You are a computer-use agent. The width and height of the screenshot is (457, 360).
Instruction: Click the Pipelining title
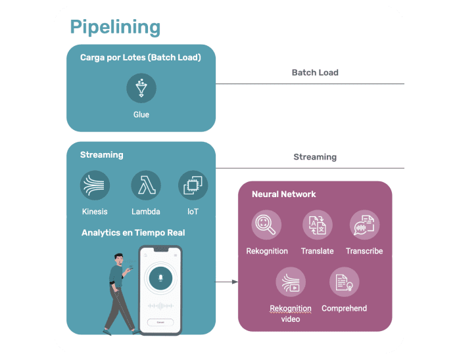click(x=115, y=27)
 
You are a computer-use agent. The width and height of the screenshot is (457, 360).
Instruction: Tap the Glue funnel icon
click(x=141, y=88)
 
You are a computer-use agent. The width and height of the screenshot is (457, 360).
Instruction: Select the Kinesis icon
click(x=95, y=186)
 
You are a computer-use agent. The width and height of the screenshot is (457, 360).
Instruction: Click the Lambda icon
click(x=146, y=186)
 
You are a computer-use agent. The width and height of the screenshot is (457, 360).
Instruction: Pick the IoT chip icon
click(x=193, y=186)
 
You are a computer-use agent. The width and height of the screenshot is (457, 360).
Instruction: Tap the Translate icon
click(x=317, y=225)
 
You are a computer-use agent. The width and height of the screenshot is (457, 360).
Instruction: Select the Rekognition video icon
click(x=291, y=282)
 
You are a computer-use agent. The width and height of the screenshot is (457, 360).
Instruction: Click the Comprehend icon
click(x=344, y=282)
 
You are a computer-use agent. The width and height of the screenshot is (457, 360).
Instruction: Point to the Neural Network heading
click(x=283, y=194)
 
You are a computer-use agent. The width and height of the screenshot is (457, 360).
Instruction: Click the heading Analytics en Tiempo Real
click(x=133, y=233)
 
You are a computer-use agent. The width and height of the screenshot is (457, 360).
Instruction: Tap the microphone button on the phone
click(x=160, y=279)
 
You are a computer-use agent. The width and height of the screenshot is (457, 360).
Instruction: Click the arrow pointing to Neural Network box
click(x=227, y=282)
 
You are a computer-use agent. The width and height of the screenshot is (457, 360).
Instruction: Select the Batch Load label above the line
click(x=315, y=72)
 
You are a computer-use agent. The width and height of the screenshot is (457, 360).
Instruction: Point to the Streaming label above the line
click(x=315, y=157)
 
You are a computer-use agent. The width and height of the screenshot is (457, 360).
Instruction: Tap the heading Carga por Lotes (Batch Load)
click(x=140, y=58)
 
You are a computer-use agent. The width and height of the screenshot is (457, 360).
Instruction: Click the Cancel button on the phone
click(x=160, y=322)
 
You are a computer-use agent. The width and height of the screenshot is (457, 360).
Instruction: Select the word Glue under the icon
click(x=141, y=114)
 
